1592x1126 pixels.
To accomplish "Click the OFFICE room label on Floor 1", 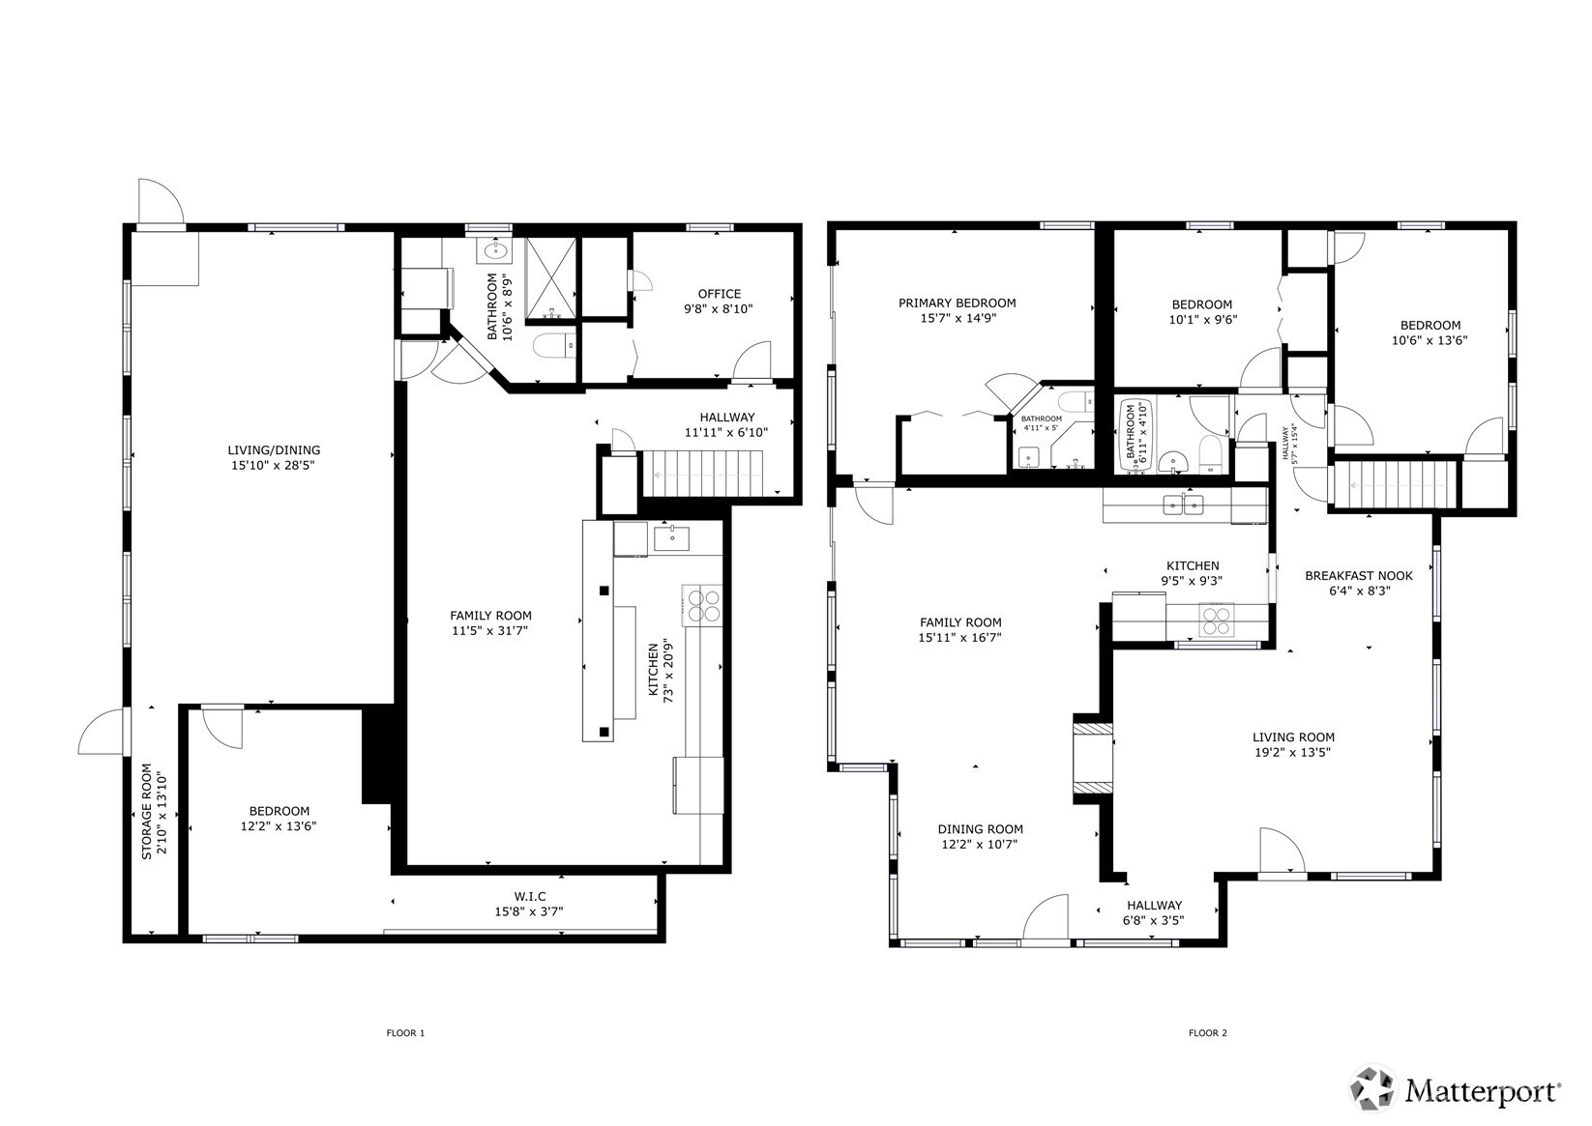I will tap(719, 294).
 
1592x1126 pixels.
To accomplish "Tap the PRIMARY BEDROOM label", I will tap(957, 303).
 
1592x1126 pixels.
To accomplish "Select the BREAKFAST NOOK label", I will tap(1358, 575).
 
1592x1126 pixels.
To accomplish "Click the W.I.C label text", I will tap(529, 896).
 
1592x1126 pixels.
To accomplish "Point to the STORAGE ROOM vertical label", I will tap(147, 812).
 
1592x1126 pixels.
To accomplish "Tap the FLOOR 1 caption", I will tap(405, 1033).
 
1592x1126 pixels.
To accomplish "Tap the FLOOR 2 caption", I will tap(1207, 1033).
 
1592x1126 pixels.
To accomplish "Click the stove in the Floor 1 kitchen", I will tap(703, 605).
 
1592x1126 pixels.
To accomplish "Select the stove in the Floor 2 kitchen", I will tap(1217, 619).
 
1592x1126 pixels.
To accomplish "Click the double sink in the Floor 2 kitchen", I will tap(1184, 504).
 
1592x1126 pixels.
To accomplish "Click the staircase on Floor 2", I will tap(1394, 483).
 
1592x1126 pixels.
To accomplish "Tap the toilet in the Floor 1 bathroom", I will tap(550, 345).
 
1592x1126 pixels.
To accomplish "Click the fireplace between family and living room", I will tap(1094, 759).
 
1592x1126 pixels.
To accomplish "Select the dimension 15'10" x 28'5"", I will tap(273, 465).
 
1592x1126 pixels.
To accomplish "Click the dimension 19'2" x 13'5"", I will tap(1293, 752).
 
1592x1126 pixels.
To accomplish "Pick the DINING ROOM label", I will tap(980, 828).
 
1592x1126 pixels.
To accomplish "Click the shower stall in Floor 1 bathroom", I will tap(550, 278).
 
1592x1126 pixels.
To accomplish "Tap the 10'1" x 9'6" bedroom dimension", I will tap(1202, 319).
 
